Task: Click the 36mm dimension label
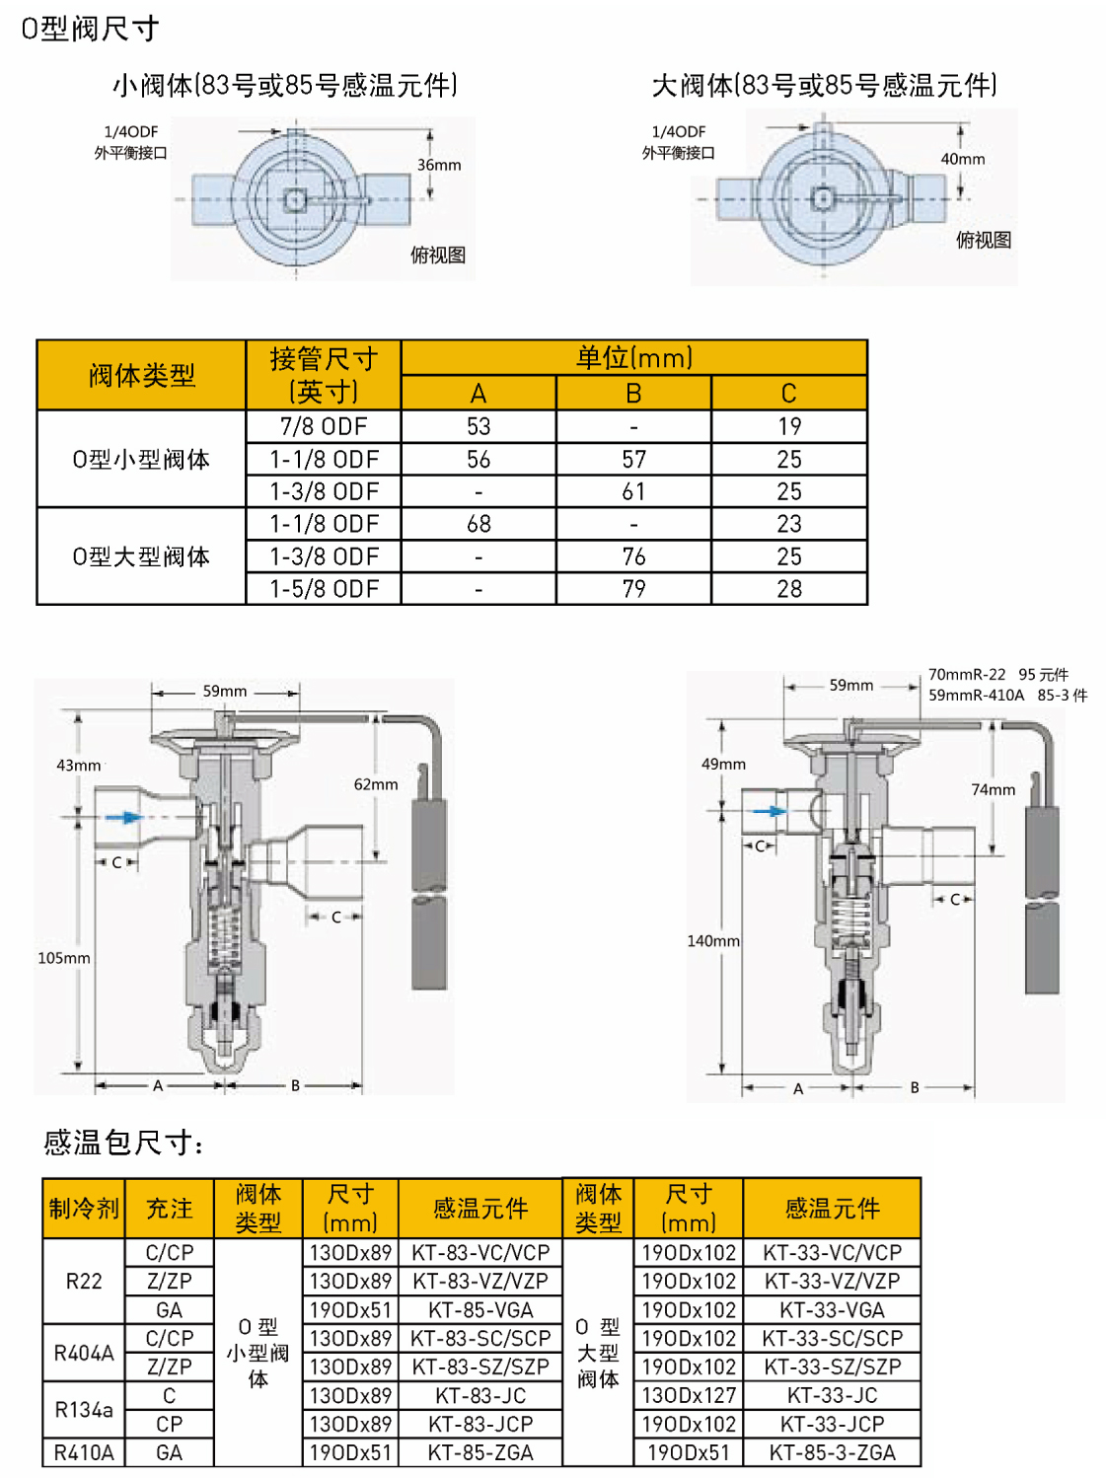[439, 165]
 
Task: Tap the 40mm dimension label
[963, 159]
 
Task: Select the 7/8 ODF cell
[324, 426]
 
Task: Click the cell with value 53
[479, 426]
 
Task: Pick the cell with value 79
[634, 589]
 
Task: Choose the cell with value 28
[789, 589]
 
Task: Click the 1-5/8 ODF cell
[324, 589]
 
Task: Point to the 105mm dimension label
[64, 958]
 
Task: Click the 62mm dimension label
[376, 784]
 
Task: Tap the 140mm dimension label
[713, 940]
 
